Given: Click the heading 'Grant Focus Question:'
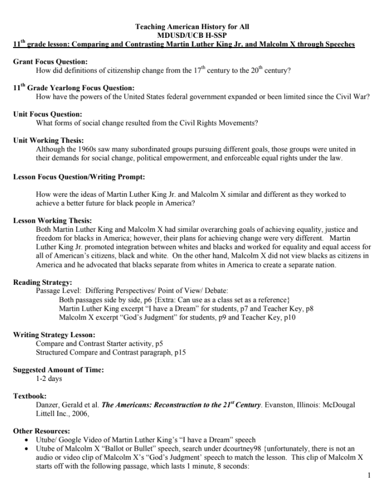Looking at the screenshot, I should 50,62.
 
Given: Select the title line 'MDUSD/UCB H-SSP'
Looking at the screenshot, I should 192,35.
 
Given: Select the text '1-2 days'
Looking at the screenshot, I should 49,378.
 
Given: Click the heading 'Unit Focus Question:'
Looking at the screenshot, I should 48,114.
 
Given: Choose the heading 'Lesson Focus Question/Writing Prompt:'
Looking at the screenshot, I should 79,176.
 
